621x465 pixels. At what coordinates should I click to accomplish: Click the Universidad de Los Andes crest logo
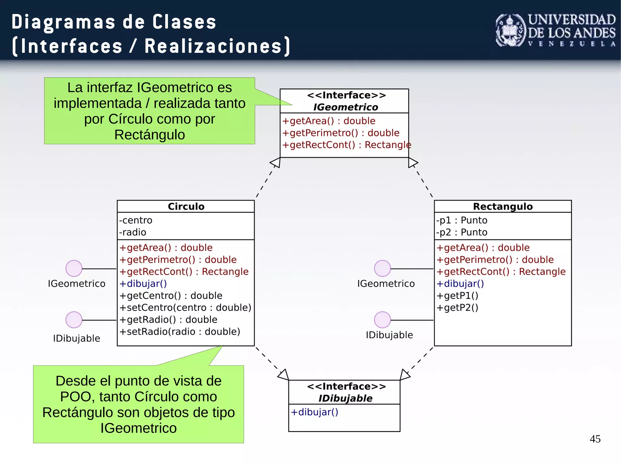click(511, 30)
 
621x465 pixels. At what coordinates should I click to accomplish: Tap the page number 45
click(595, 439)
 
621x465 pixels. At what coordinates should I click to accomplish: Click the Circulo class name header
click(186, 206)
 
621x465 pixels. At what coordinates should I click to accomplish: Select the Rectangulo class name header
click(503, 206)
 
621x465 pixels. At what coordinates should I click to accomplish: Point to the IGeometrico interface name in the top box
click(345, 107)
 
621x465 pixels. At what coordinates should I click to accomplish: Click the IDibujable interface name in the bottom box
click(345, 398)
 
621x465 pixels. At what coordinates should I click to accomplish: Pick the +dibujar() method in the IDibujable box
click(314, 412)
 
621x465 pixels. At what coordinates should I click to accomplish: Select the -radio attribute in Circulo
click(133, 232)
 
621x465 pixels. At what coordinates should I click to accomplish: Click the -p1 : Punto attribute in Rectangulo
click(462, 220)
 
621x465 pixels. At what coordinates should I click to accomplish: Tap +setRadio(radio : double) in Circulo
click(180, 331)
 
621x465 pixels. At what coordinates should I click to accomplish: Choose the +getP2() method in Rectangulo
click(457, 307)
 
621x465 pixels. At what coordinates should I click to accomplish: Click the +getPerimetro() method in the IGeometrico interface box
click(341, 133)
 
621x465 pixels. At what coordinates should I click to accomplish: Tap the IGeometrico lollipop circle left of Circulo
click(74, 268)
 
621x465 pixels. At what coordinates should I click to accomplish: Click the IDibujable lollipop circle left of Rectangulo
click(382, 320)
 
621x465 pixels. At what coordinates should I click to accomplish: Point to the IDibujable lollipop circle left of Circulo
click(74, 320)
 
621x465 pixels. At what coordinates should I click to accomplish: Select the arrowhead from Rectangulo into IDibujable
click(405, 374)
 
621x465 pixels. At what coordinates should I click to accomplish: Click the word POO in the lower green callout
click(75, 397)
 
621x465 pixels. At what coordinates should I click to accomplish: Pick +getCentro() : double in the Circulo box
click(171, 295)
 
